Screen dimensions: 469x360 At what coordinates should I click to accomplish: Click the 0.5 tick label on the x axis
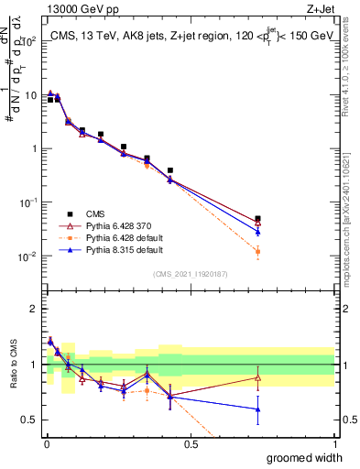tap(191, 443)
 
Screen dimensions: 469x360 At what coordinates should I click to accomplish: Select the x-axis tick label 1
tap(334, 443)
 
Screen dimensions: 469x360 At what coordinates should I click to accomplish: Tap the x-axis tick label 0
tap(47, 443)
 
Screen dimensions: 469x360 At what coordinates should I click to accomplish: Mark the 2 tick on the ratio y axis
tap(33, 309)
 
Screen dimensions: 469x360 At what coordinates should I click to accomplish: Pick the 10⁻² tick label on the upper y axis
tap(27, 256)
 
